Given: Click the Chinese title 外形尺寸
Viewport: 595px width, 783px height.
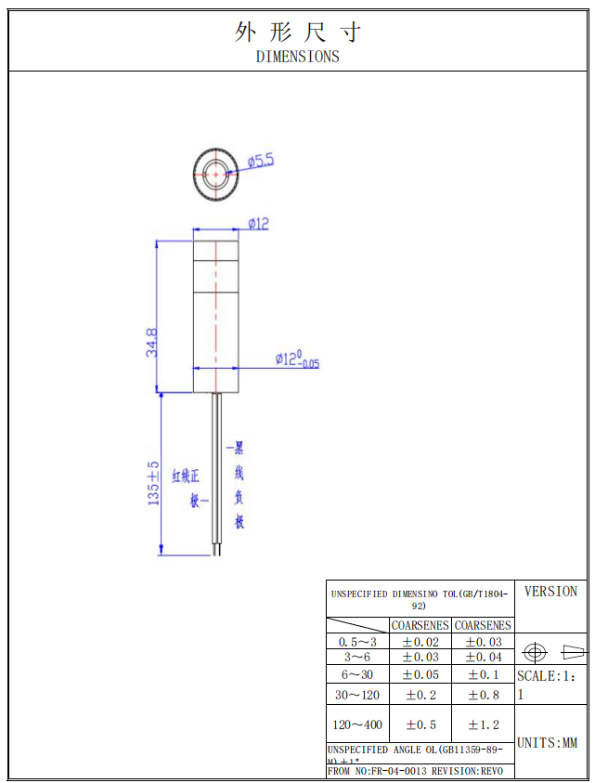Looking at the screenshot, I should (x=297, y=33).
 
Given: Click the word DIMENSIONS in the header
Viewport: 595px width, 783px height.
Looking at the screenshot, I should (x=297, y=57).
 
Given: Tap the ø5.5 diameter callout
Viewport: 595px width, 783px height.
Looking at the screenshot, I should (x=261, y=161).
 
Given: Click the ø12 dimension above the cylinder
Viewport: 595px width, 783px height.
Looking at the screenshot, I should (x=258, y=223).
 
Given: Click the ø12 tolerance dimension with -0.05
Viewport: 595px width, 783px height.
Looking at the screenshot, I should (x=296, y=360).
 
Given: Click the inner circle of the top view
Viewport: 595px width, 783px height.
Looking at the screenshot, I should (x=216, y=173).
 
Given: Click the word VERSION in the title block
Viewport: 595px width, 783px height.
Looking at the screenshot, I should (x=550, y=592).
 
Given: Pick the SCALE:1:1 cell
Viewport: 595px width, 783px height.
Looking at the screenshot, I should (x=551, y=685).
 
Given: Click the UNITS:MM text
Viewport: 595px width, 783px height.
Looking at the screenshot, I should (x=547, y=743).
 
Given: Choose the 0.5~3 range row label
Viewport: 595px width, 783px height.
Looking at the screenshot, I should (x=357, y=642).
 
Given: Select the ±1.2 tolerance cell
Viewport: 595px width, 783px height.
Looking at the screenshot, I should (x=483, y=724).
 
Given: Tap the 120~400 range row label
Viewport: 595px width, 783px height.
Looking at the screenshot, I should (x=357, y=724).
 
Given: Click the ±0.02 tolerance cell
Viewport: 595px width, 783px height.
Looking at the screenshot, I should (x=420, y=642).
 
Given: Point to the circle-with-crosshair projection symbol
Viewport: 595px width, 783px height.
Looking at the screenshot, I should (x=535, y=652).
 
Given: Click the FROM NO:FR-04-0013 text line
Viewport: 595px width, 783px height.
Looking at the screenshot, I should (x=415, y=771).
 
